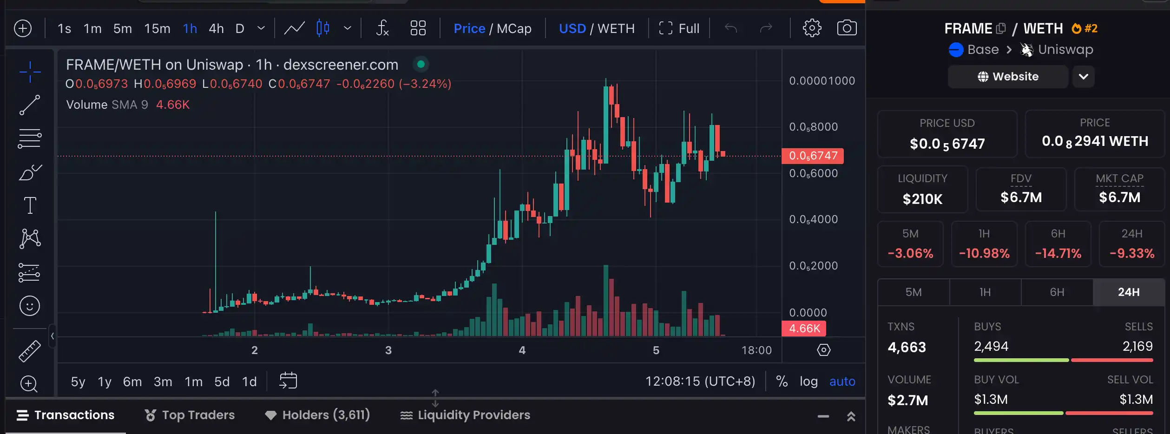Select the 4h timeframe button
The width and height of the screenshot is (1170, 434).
click(x=216, y=28)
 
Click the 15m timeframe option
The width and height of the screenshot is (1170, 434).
click(x=157, y=28)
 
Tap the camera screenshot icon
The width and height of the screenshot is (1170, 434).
click(x=847, y=28)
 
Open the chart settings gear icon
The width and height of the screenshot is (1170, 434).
click(x=812, y=28)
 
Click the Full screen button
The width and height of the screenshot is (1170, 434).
click(x=679, y=28)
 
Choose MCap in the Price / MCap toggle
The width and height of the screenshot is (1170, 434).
click(x=514, y=28)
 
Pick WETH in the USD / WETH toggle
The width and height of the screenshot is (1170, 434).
click(x=616, y=28)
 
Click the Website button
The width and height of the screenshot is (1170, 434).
click(x=1008, y=77)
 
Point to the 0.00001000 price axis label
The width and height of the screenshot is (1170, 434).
click(x=822, y=81)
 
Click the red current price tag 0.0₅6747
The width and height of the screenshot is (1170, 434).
click(x=813, y=156)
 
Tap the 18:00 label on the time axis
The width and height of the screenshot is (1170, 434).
click(x=756, y=350)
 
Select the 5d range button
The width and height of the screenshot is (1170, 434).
click(x=222, y=381)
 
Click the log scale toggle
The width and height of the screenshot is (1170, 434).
click(x=808, y=381)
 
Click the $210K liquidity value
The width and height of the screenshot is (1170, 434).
click(x=922, y=199)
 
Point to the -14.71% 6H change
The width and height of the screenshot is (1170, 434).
click(x=1058, y=253)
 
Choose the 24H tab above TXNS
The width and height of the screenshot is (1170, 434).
click(x=1128, y=292)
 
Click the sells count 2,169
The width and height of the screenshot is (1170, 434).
click(x=1137, y=346)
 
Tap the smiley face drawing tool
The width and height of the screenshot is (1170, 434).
click(x=30, y=306)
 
